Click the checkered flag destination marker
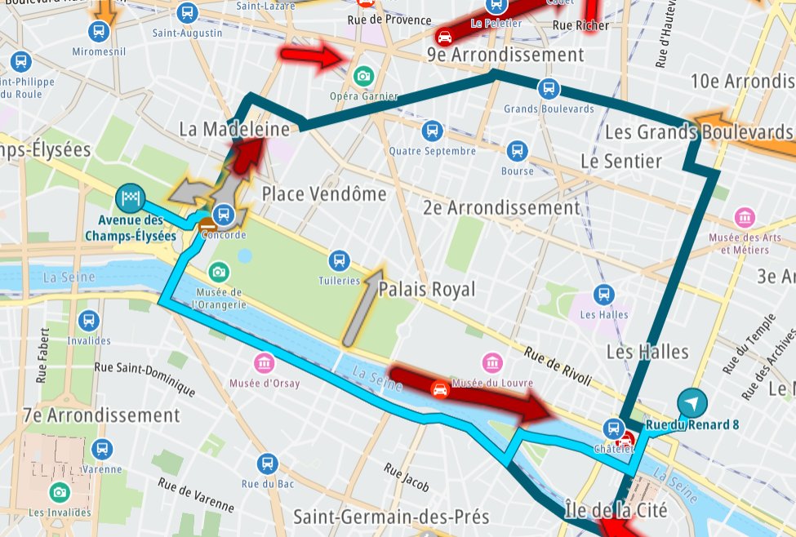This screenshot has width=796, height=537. tap(131, 196)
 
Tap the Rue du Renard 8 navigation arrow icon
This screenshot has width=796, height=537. tap(692, 402)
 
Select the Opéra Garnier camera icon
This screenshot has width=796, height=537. tap(363, 76)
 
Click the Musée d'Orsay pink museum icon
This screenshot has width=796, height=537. tap(264, 363)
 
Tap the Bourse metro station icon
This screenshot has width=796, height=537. tap(517, 151)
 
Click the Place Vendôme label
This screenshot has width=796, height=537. tap(323, 194)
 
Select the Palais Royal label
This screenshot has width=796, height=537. tap(426, 290)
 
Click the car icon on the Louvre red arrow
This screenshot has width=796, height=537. tap(440, 388)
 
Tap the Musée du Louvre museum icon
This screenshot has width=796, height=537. tap(492, 363)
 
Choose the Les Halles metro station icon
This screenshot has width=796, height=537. tap(603, 295)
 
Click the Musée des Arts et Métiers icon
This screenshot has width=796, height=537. tap(745, 218)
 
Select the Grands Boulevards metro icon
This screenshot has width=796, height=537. tap(548, 89)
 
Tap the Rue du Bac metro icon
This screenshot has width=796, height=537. tap(267, 464)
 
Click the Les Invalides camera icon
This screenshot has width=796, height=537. tap(59, 491)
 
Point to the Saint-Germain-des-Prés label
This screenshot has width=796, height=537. tap(391, 517)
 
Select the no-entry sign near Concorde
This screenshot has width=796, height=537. tap(207, 224)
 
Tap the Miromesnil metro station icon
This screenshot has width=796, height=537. tap(99, 32)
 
